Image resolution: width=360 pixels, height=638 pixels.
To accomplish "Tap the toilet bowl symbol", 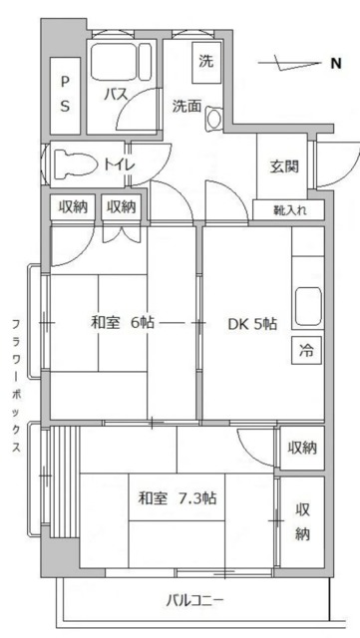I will pos(72,162).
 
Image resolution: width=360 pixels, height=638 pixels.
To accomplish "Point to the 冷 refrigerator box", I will pos(306,350).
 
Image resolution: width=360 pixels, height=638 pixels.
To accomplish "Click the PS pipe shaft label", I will pos(65,92).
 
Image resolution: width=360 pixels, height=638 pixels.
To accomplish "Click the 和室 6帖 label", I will pos(122,322).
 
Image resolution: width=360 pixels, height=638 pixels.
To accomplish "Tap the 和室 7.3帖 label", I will pos(178,497).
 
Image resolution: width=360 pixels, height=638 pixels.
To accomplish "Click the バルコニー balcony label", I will pos(194,600).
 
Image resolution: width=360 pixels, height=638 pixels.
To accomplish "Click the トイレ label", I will pos(120,163).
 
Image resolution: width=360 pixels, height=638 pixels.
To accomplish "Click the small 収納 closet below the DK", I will pos(301,448).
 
